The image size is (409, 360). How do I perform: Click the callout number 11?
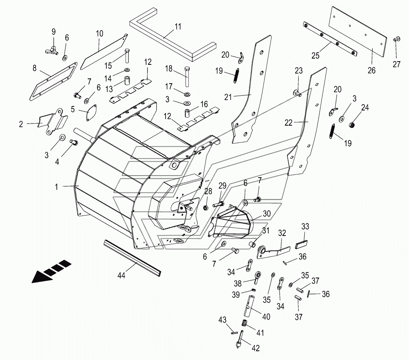tap(178, 27)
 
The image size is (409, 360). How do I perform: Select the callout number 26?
tap(371, 70)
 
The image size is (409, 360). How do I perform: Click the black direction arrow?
tap(51, 272)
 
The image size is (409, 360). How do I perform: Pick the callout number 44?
tap(121, 275)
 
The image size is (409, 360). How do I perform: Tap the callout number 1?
tap(56, 187)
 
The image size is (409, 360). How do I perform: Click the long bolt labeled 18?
tap(187, 77)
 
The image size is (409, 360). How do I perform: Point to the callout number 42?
tap(255, 348)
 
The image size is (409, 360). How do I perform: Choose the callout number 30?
tap(267, 214)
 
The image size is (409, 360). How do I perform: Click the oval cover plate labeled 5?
tap(91, 112)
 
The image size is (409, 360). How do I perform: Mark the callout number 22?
tap(289, 123)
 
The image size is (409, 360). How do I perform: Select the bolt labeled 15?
tap(127, 56)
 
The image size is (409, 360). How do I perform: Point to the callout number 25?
tap(315, 55)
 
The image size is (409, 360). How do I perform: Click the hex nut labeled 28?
tap(205, 208)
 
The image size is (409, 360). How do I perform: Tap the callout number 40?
tap(266, 317)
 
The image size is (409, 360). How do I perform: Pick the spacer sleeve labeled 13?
tap(127, 80)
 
